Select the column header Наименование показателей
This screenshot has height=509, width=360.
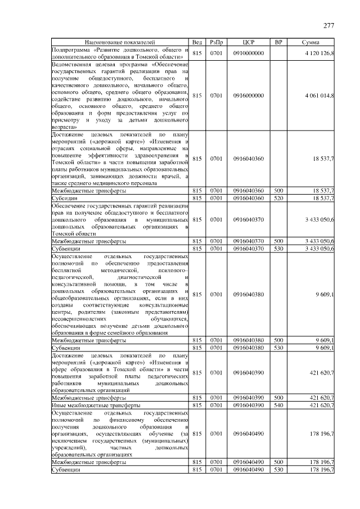click(119, 42)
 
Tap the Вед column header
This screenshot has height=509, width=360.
click(197, 42)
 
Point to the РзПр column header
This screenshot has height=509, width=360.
click(217, 42)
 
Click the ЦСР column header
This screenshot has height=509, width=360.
click(248, 42)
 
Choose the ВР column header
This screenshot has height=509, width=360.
click(278, 42)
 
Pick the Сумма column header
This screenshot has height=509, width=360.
click(311, 42)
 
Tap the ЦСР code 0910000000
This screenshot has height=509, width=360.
click(248, 53)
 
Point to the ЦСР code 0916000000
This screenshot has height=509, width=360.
click(248, 96)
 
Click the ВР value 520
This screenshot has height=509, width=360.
click(278, 198)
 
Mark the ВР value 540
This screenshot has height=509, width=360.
click(278, 404)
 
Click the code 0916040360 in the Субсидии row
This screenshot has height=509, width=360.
click(248, 198)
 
